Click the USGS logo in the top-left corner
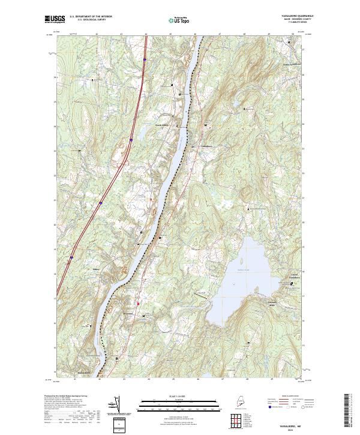click(x=54, y=20)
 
